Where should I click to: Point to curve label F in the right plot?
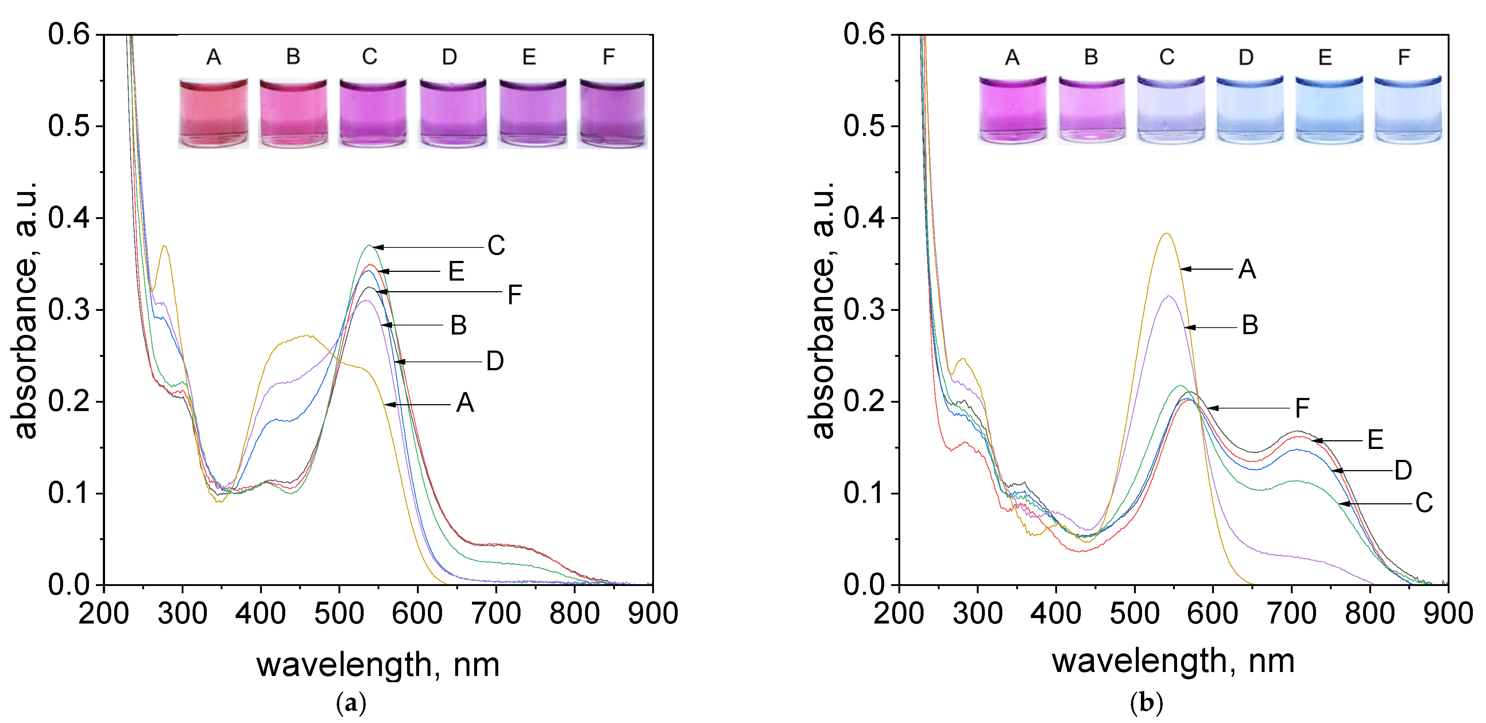pos(1302,408)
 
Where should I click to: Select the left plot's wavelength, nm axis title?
pos(378,665)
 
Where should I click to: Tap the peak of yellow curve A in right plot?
pos(1167,234)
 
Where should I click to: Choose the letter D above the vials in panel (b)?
pos(1246,57)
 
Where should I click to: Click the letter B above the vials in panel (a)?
pos(293,56)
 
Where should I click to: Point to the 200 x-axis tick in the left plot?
pos(104,613)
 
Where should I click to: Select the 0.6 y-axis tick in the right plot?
pos(864,35)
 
